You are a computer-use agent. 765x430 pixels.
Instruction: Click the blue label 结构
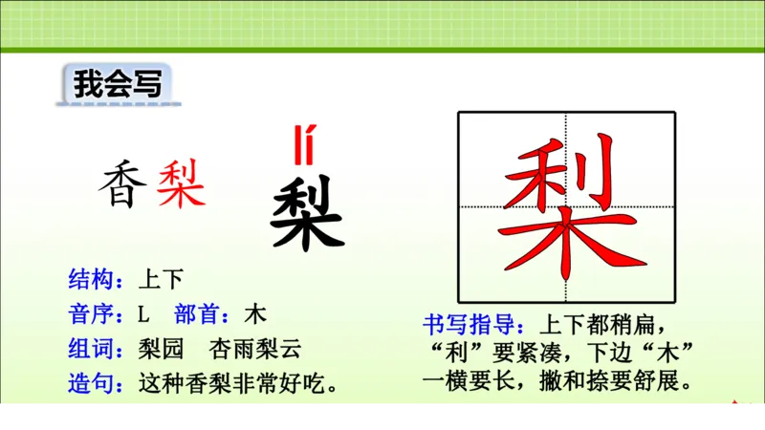(94, 279)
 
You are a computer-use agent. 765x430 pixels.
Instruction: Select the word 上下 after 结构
(160, 279)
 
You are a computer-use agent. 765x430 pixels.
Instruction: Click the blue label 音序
(94, 313)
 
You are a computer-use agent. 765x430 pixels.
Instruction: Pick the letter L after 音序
(144, 314)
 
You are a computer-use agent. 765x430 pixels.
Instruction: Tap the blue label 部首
(201, 313)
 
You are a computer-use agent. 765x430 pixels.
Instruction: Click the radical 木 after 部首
(254, 313)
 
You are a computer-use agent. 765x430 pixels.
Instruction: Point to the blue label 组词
(94, 349)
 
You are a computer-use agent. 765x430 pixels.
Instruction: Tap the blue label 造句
(94, 384)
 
